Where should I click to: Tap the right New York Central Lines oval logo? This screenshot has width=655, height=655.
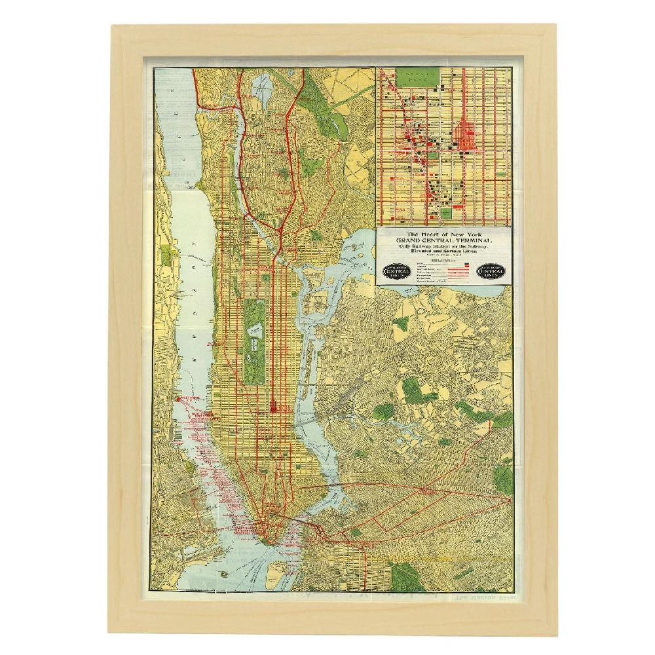pos(491,271)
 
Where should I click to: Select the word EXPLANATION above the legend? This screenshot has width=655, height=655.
pos(442,259)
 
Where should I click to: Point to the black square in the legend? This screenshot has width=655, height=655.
pos(467,264)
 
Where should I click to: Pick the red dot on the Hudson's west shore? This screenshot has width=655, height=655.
pos(177,399)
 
